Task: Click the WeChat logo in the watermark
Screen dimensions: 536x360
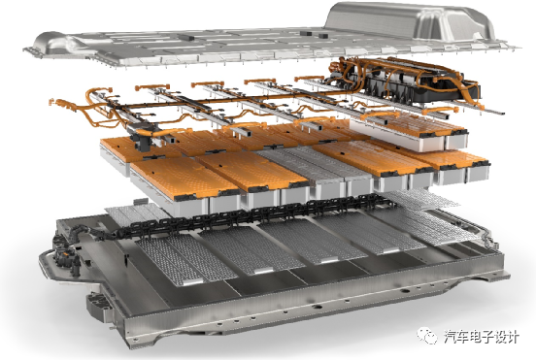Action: [427, 336]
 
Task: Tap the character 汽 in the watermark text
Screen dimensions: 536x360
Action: [450, 337]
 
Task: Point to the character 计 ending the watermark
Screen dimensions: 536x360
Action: [513, 337]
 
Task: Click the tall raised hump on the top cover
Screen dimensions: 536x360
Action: [410, 20]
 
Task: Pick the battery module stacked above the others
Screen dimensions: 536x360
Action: [409, 132]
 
